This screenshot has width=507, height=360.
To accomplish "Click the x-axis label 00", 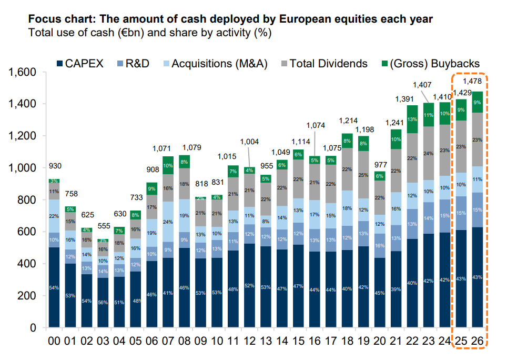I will click(54, 341).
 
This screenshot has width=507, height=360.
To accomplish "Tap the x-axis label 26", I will click(478, 341).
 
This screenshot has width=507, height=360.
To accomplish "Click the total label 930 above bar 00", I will click(54, 167).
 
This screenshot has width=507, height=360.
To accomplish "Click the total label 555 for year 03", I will click(103, 226).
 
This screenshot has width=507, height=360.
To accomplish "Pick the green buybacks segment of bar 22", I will click(413, 119).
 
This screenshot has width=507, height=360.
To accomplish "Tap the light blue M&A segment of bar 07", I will click(168, 222).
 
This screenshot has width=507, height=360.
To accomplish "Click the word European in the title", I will click(300, 19).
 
